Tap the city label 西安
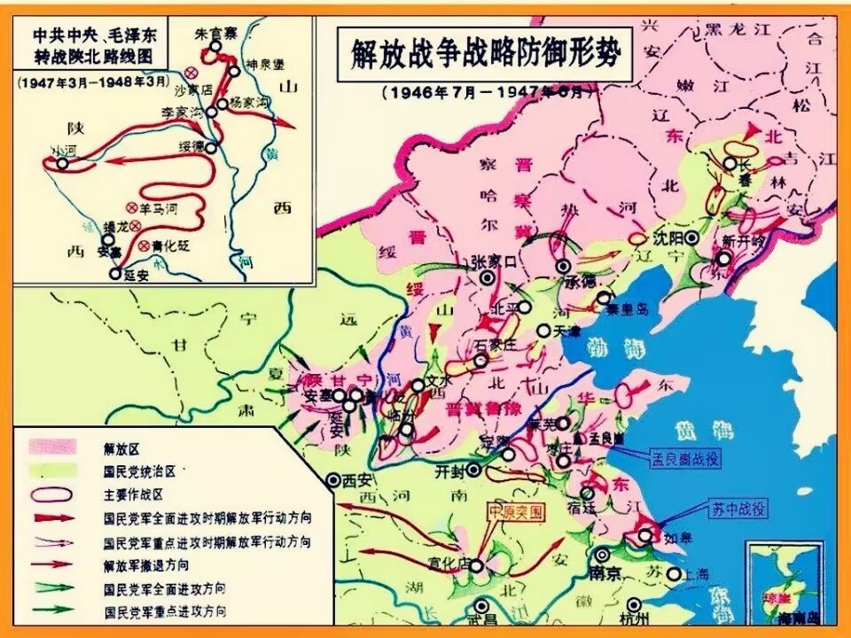point(355,481)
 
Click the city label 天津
point(566,331)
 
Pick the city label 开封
point(451,470)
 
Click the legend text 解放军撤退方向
point(145,565)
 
